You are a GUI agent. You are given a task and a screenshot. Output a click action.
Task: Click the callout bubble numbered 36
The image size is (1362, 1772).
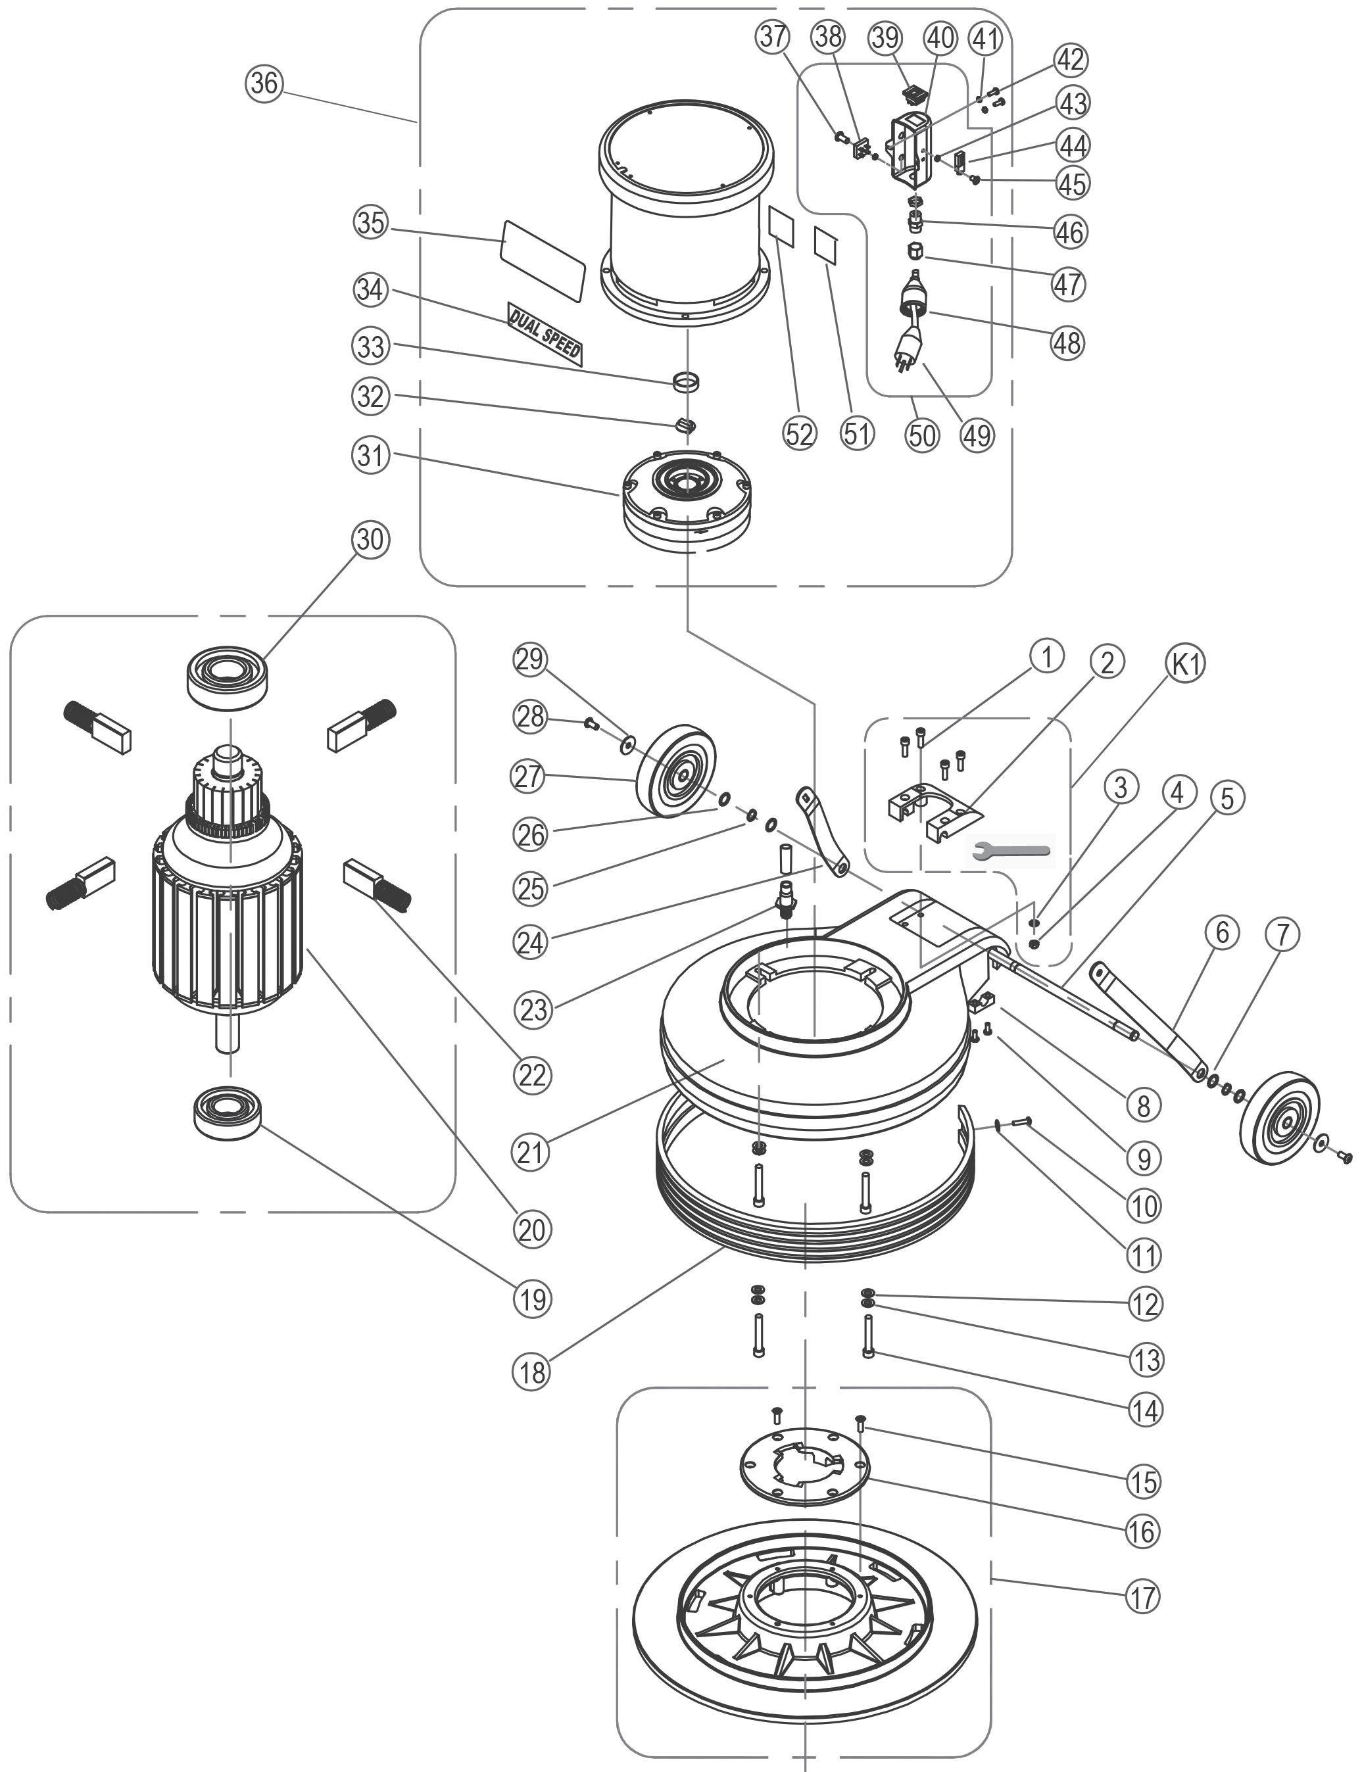tap(264, 84)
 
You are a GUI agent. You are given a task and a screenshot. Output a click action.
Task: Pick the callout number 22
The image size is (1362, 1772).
tap(533, 1075)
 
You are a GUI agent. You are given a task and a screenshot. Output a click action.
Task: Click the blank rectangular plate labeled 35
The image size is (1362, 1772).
tap(543, 260)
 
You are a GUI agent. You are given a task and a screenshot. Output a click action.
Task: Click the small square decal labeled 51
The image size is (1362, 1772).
tap(825, 245)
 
